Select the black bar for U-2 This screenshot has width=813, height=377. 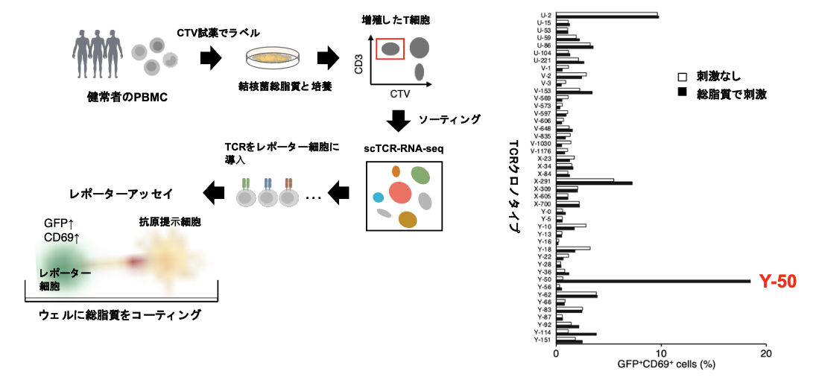pos(607,16)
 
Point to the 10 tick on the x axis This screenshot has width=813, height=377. pos(661,355)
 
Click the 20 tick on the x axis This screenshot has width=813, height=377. pos(767,355)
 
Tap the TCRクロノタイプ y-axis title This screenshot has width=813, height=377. pos(513,186)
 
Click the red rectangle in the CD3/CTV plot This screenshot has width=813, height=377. pos(390,48)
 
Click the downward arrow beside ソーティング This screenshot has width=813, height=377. pos(399,119)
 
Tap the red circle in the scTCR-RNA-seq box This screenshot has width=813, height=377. pos(400,192)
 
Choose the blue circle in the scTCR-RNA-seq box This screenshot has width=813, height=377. pos(379,197)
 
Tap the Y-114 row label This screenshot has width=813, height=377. pos(542,333)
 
